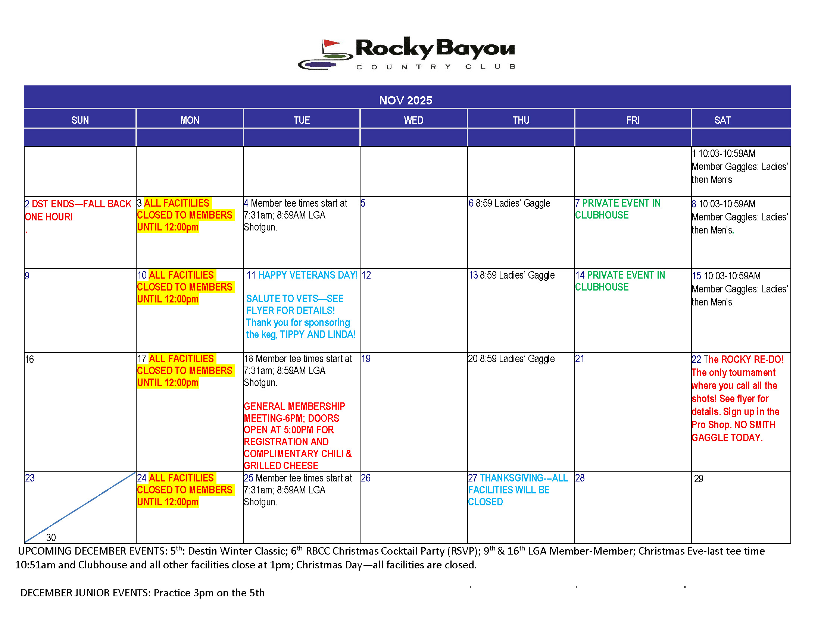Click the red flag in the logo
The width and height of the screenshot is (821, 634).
(331, 44)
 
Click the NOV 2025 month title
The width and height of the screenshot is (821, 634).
(405, 100)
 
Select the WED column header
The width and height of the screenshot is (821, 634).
(413, 120)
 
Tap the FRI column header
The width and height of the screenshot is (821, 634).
(632, 120)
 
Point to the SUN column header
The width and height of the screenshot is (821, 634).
(80, 120)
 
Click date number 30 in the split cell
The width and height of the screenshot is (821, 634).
(51, 537)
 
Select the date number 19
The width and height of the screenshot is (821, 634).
(366, 359)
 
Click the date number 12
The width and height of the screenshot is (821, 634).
(366, 275)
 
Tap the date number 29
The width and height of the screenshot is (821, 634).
(699, 479)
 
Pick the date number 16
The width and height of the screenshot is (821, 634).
(29, 360)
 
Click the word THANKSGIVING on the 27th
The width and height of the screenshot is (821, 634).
(511, 478)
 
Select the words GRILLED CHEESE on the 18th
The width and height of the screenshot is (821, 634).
(281, 466)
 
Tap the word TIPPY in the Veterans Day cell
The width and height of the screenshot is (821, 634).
(293, 335)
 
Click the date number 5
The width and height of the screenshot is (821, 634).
(363, 203)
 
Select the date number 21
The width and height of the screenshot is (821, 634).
(580, 359)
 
